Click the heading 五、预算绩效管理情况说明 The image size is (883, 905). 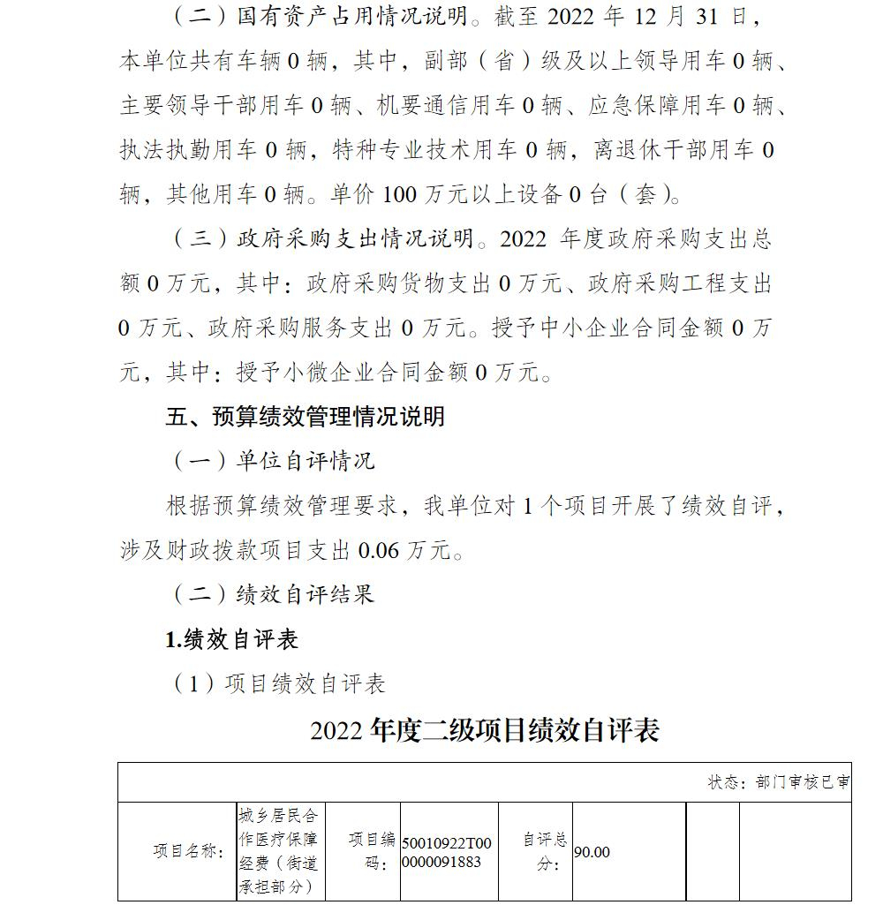tap(305, 416)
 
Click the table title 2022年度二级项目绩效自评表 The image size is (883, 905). tap(485, 730)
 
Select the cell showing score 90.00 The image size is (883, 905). tap(592, 852)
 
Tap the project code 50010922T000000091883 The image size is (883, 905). tap(448, 852)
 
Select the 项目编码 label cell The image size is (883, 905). tap(372, 852)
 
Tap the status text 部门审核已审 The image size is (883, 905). tap(778, 783)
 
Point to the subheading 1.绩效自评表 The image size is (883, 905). tap(231, 639)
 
